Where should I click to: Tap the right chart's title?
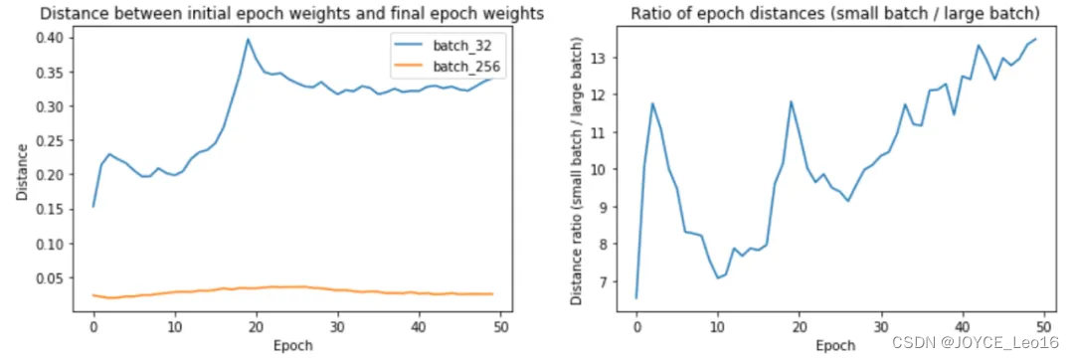834,13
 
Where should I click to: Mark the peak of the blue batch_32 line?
248,40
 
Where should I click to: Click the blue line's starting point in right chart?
636,297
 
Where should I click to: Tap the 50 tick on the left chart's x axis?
500,325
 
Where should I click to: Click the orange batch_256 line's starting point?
93,294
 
